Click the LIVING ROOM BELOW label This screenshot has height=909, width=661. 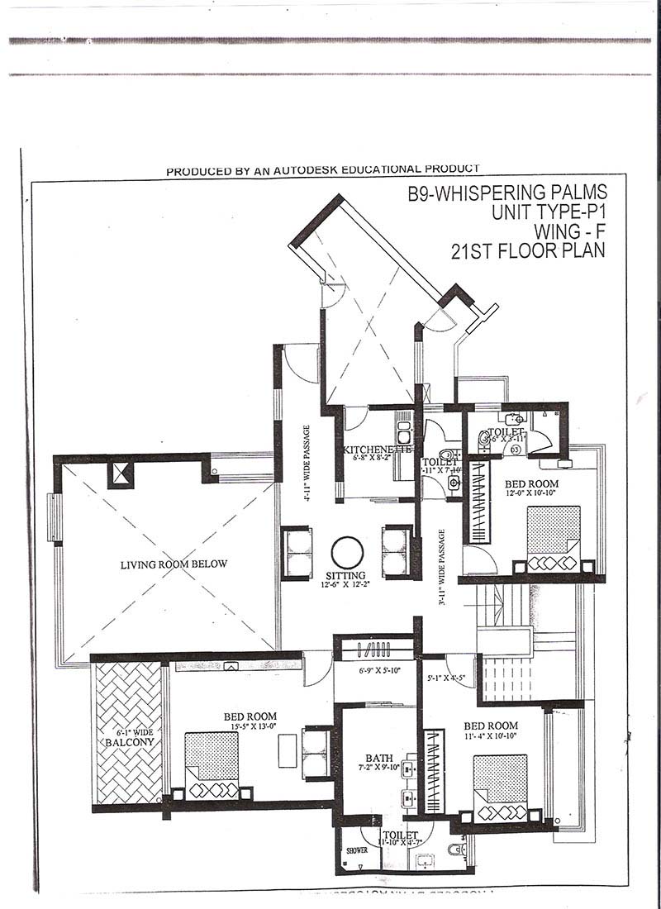pyautogui.click(x=174, y=564)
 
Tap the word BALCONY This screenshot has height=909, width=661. pyautogui.click(x=126, y=743)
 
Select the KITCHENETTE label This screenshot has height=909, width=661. pyautogui.click(x=377, y=450)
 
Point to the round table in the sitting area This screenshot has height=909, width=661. pyautogui.click(x=346, y=551)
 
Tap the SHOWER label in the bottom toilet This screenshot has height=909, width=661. pyautogui.click(x=355, y=849)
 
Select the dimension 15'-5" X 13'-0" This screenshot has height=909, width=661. pyautogui.click(x=250, y=727)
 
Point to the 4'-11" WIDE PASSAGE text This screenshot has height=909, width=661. pyautogui.click(x=307, y=464)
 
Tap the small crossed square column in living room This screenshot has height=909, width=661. pyautogui.click(x=121, y=474)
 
